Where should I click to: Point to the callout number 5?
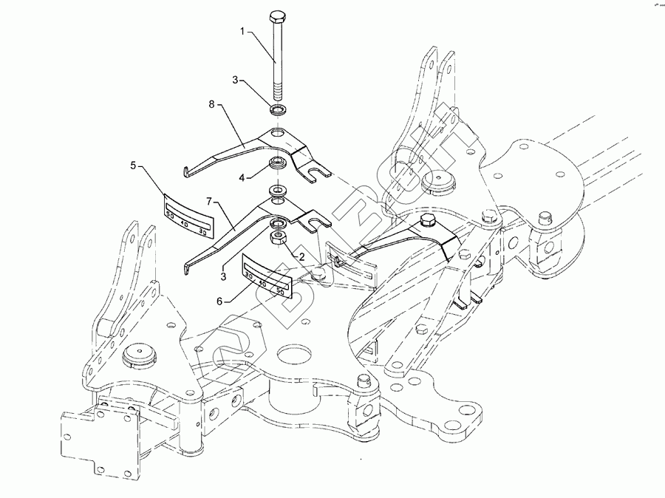click(133, 166)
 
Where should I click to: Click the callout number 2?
click(301, 256)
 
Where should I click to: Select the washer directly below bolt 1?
click(278, 111)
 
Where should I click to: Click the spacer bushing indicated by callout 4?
click(278, 163)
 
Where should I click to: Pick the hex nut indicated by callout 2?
click(280, 238)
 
